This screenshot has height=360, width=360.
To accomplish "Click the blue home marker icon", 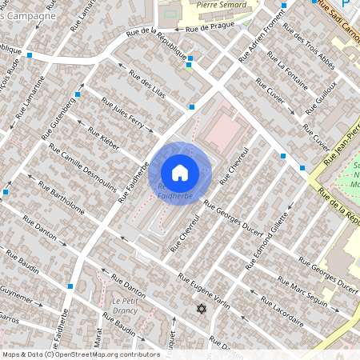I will coord(180,172).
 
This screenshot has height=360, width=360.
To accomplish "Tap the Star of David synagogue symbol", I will coord(201,309).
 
